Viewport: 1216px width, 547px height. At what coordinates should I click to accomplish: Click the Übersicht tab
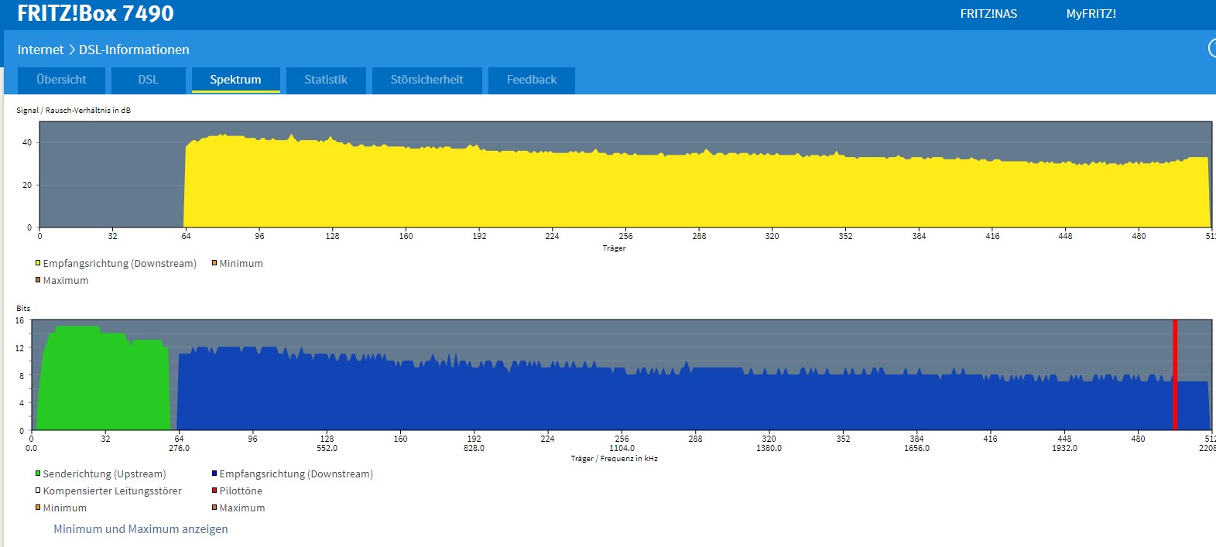tap(61, 80)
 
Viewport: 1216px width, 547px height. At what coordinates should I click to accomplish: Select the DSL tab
tap(148, 80)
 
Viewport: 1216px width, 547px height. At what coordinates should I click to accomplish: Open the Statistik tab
tap(326, 80)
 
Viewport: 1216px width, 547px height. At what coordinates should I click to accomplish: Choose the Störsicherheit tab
tap(426, 80)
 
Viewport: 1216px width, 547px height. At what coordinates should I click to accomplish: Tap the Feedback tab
tap(532, 80)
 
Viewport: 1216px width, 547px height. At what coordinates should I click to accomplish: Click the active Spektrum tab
tap(235, 80)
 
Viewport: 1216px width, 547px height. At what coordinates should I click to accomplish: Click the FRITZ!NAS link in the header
tap(988, 14)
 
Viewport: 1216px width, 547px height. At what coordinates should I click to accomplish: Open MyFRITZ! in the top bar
tap(1091, 14)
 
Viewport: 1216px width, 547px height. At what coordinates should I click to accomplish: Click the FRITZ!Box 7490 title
tap(95, 14)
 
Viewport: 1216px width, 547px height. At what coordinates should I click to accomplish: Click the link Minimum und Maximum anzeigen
tap(141, 529)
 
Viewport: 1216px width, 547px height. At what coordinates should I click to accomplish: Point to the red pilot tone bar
tap(1175, 375)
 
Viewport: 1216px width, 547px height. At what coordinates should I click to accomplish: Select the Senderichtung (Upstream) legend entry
tap(101, 473)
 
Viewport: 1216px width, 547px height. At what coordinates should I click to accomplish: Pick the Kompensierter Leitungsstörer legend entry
tap(108, 491)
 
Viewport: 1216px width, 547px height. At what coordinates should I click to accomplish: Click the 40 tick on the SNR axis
tap(27, 142)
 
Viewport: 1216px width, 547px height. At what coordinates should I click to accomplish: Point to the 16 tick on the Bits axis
tap(19, 321)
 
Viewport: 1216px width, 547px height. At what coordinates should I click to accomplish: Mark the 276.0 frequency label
tap(179, 448)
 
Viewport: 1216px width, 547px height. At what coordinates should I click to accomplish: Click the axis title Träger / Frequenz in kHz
tap(614, 459)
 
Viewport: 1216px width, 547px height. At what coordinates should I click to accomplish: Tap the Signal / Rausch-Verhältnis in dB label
tap(74, 110)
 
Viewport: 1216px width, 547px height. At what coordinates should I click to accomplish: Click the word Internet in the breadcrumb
tap(41, 50)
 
